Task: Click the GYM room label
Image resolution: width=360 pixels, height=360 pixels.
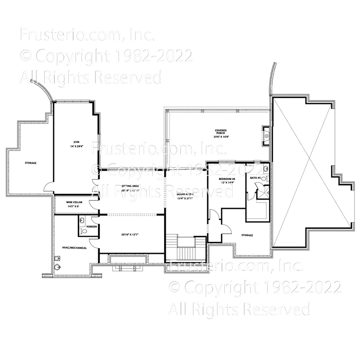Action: tap(76, 142)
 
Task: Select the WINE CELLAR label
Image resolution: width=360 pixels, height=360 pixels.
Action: tap(73, 203)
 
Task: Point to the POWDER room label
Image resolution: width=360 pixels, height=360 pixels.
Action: tap(92, 226)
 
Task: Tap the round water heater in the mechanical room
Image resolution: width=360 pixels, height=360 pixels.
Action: tap(58, 267)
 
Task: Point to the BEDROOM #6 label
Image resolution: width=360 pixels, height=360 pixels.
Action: tap(228, 179)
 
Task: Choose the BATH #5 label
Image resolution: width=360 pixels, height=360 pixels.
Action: tap(255, 178)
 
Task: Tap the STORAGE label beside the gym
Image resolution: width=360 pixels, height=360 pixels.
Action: tap(31, 163)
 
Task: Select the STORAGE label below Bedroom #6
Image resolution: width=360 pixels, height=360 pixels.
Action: tap(247, 235)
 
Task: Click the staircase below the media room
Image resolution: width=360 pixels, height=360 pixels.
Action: tap(185, 250)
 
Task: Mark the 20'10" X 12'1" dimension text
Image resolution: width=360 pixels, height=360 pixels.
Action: tap(130, 235)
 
